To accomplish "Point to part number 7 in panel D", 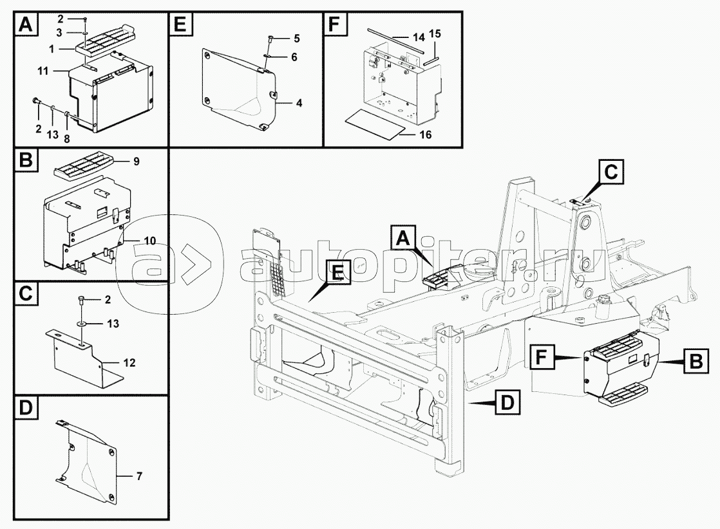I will tap(139, 476).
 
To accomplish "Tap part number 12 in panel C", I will tap(129, 363).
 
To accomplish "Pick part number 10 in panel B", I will tap(149, 241).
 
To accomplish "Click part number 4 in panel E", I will tap(300, 103).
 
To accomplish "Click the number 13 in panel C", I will tap(113, 324).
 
